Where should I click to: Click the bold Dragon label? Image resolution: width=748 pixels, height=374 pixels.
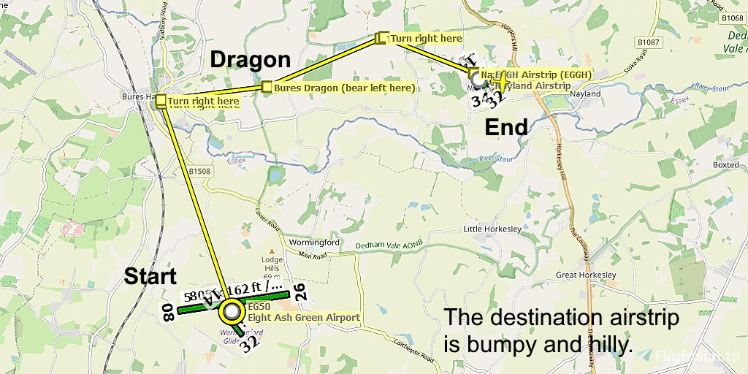pos(251,60)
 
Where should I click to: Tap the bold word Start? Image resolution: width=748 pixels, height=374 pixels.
pos(150,277)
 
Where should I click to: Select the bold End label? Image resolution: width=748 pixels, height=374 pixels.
pos(506,128)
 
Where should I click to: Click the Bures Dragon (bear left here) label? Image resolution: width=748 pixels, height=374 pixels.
pos(344,88)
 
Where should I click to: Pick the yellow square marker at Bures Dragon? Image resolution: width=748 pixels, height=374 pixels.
pos(267,88)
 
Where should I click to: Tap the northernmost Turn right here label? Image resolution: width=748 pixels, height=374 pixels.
pos(425,38)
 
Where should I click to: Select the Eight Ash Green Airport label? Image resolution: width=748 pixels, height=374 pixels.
pos(304,318)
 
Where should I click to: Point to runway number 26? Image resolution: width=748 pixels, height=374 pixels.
pos(299,291)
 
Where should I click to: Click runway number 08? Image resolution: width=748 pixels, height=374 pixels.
pos(168,315)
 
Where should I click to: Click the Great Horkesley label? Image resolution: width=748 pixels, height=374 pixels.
pos(587,275)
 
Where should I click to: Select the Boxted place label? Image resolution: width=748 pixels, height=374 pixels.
pos(725,165)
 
